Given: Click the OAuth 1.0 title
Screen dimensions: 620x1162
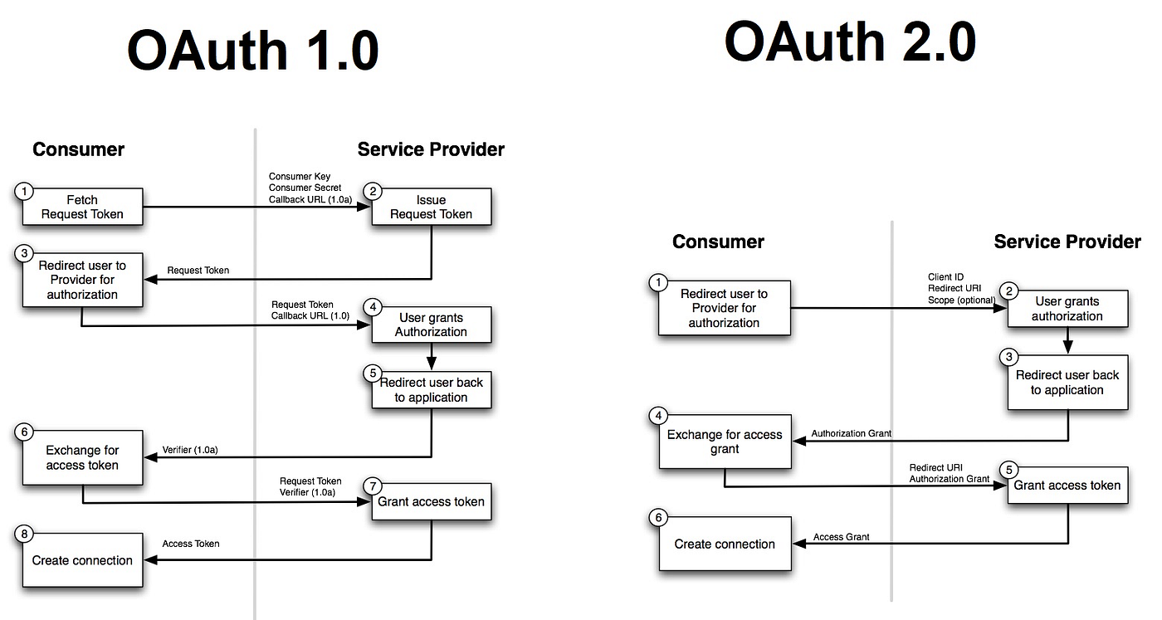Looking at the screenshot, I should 252,51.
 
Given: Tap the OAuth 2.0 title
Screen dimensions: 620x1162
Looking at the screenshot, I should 849,41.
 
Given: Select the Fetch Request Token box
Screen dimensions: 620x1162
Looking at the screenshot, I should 82,207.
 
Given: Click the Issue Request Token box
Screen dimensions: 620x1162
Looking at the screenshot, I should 431,207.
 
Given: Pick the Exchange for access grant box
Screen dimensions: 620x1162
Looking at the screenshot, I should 725,442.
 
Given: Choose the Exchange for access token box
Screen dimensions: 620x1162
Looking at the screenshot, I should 82,458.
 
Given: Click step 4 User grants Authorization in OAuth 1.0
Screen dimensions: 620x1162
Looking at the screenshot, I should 431,325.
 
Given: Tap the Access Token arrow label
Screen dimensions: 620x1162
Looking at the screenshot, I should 191,544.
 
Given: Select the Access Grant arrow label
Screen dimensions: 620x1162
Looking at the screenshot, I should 841,537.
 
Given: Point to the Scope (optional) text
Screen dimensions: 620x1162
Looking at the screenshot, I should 961,300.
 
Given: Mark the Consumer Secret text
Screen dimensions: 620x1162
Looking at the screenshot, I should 305,188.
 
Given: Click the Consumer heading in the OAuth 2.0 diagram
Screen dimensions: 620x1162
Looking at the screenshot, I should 718,242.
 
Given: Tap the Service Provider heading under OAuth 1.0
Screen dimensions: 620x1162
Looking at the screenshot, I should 431,149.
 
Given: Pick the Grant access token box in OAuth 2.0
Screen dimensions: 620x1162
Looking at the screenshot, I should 1067,486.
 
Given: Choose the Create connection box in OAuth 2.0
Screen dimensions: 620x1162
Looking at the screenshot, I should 725,544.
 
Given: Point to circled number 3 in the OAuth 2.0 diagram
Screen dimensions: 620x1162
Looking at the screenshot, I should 1009,358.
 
